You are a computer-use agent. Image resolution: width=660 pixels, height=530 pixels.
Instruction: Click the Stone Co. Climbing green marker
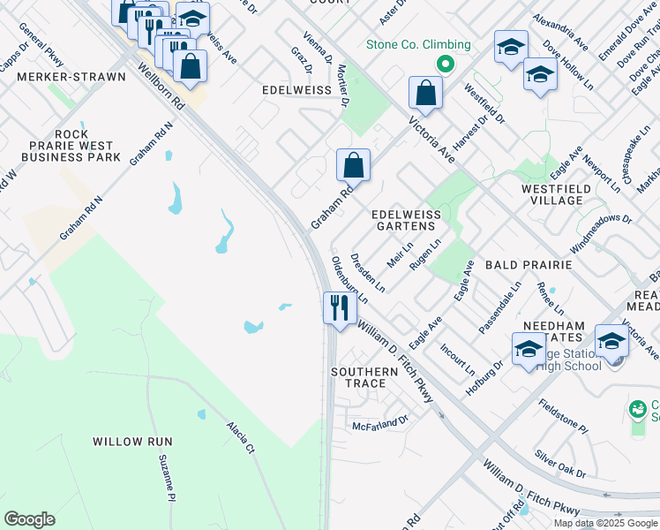pos(446,64)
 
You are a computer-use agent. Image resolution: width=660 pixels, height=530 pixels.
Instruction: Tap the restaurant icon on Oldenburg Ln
pos(338,308)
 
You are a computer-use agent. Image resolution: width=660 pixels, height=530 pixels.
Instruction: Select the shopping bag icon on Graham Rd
pos(353,165)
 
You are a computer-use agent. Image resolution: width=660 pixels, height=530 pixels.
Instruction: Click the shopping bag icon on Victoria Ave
pos(425,94)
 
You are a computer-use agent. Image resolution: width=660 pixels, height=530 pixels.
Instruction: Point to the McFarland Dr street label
pos(381,423)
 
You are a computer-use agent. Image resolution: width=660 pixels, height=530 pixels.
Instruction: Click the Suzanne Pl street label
pos(165,478)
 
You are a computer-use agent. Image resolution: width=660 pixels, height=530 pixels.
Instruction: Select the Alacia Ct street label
pos(238,436)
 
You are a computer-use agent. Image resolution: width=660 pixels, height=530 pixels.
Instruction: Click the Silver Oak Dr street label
pos(559,462)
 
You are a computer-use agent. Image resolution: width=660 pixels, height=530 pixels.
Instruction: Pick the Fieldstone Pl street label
pos(563,415)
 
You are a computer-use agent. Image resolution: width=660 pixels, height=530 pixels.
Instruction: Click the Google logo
pos(29,519)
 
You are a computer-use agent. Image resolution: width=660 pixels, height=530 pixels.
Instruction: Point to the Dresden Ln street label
pos(367,273)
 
